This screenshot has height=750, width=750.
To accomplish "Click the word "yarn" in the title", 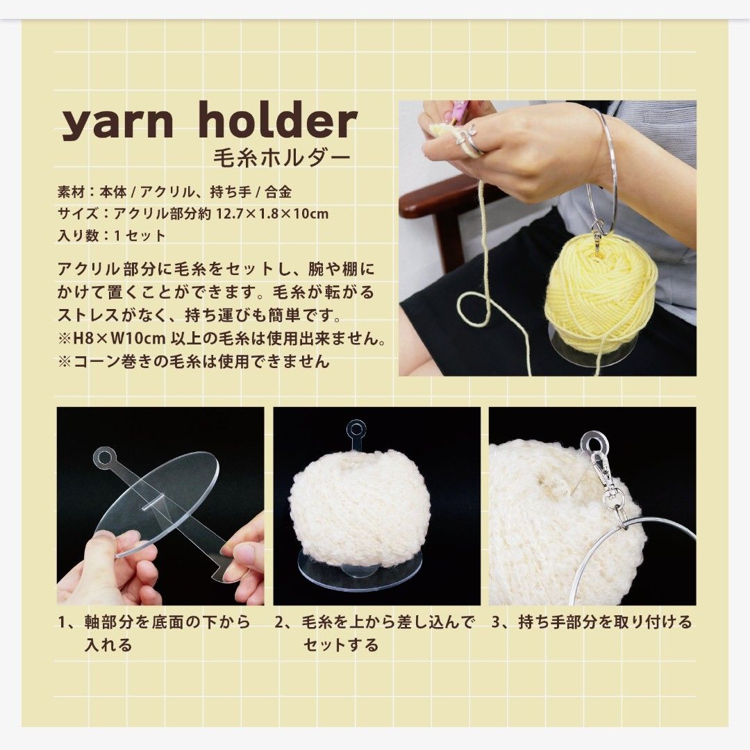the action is [x=117, y=122].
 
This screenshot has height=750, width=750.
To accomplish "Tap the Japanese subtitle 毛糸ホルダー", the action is [x=282, y=158].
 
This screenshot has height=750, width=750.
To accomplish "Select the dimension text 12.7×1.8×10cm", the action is [x=272, y=213].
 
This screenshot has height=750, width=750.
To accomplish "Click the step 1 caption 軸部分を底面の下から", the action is [x=168, y=622].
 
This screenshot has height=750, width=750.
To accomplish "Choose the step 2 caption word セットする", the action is [x=341, y=644].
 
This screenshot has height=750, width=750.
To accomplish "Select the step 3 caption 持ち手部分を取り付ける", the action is [x=606, y=622].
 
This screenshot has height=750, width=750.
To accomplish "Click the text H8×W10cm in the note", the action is [x=119, y=339].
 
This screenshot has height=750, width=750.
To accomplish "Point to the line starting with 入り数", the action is [x=111, y=236].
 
